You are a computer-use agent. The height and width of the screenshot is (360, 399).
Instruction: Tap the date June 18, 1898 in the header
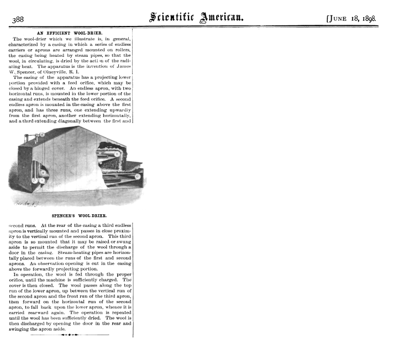point(351,18)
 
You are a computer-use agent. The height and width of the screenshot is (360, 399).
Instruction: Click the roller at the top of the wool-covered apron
point(105,149)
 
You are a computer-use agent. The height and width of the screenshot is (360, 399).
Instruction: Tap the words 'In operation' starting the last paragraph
point(28,274)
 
